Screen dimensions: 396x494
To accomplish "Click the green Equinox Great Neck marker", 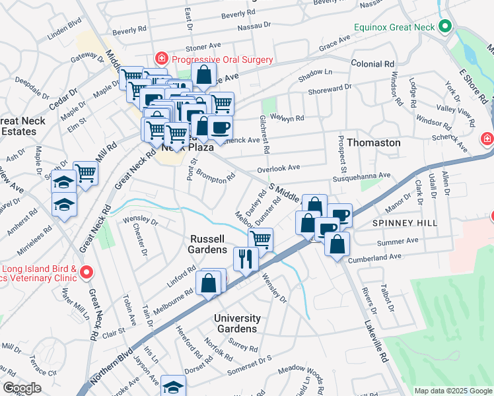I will point(445,27).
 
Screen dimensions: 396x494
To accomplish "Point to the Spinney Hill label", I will point(406,224).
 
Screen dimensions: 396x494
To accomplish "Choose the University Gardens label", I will point(237,323).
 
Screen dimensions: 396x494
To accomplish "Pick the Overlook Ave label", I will point(279,168).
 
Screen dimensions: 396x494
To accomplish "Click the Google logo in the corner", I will point(22,388).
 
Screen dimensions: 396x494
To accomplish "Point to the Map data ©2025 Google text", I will point(452,391).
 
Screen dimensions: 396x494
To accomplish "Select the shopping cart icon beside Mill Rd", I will point(86,172).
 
